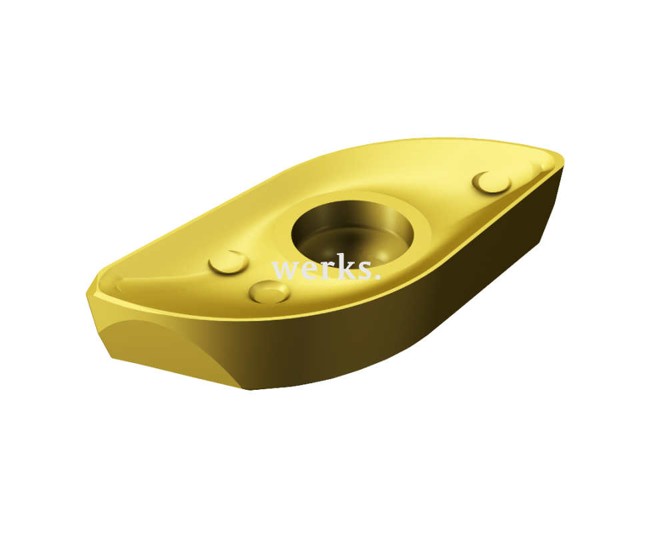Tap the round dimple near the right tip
point(492,182)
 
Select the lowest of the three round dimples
point(269,292)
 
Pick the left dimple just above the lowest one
point(228,262)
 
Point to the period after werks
point(378,276)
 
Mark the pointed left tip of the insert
point(87,294)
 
